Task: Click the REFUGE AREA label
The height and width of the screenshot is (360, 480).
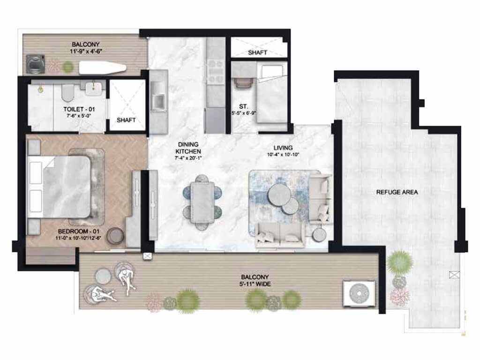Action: coord(397,192)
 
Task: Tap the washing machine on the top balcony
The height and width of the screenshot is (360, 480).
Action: coord(35,64)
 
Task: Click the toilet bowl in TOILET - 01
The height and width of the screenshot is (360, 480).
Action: coord(67,93)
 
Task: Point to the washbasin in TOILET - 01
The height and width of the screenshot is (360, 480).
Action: coord(93,89)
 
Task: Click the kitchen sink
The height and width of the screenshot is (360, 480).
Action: coord(158,102)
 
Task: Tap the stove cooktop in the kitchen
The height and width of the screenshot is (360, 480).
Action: coord(216,71)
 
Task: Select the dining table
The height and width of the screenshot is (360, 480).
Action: coord(202,202)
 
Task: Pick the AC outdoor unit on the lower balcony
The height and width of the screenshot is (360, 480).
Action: coord(359,293)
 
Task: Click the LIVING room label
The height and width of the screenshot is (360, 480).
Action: coord(283,148)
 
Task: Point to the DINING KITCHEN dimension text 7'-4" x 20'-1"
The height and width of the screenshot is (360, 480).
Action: coord(188,158)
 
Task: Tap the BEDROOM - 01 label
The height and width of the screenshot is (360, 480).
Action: coord(79,232)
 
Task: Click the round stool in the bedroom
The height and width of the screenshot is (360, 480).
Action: coord(116,236)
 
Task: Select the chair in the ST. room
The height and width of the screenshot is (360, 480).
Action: coord(244,82)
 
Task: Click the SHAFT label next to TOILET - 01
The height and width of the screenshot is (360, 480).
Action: coord(126,120)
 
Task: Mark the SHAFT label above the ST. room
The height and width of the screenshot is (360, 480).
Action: coord(257,52)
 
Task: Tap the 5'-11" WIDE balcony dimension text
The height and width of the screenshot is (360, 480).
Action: coord(255,284)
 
